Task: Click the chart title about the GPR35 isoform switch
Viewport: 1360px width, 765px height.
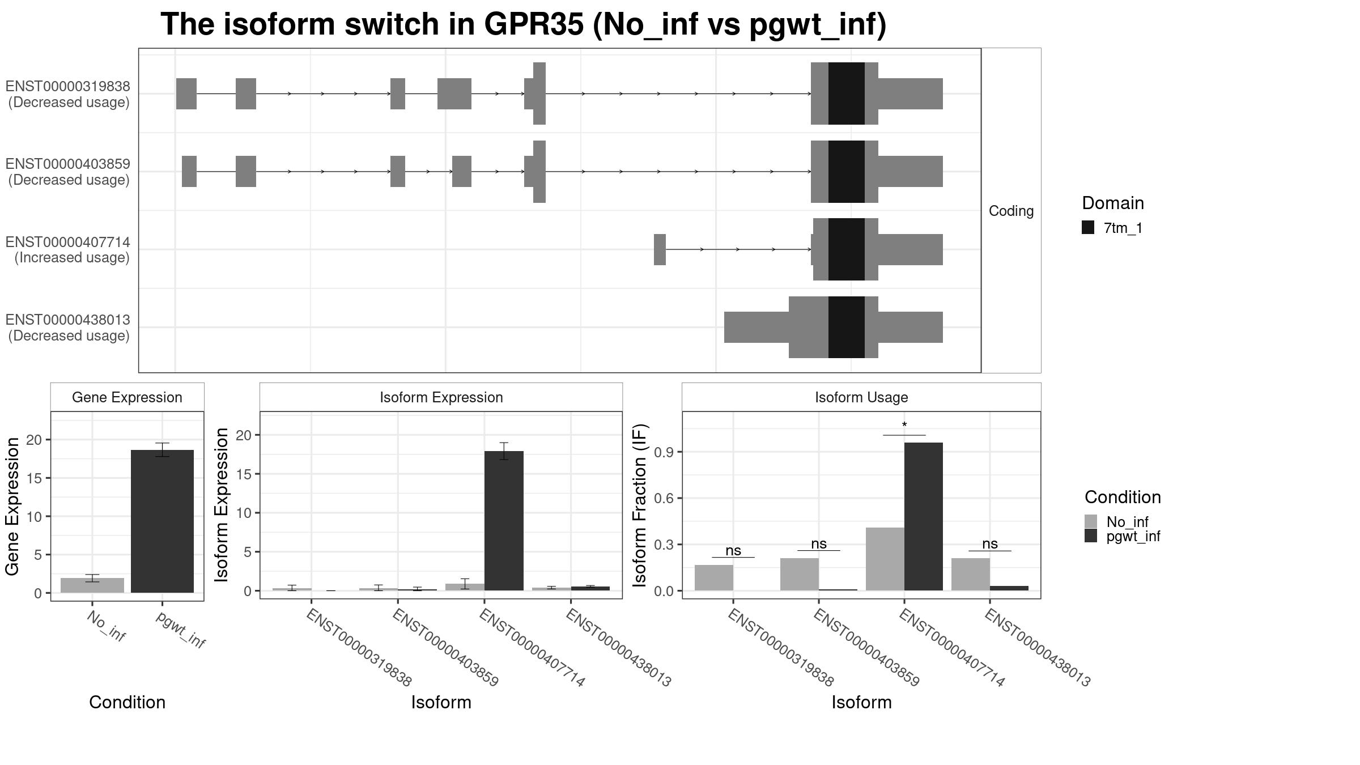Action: point(524,25)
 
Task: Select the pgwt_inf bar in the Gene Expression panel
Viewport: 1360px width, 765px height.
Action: point(162,521)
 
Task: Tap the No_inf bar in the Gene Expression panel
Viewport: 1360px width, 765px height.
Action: point(92,585)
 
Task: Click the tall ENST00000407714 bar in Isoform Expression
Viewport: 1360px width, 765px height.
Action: point(504,521)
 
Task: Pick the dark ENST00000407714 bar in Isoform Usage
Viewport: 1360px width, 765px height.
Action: point(923,516)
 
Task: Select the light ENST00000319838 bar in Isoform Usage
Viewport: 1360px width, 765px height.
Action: point(714,577)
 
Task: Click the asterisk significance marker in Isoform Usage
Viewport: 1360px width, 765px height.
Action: point(904,426)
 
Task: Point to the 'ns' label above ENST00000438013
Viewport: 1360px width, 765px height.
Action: point(989,544)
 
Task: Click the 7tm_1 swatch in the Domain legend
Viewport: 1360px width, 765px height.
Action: point(1088,228)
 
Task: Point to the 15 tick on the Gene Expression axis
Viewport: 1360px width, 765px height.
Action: point(38,478)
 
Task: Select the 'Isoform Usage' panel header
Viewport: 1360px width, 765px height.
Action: point(861,397)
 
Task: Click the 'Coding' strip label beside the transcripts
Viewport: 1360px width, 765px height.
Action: point(1011,211)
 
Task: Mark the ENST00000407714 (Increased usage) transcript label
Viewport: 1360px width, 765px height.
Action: point(68,250)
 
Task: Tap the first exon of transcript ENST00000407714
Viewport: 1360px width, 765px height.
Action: point(660,249)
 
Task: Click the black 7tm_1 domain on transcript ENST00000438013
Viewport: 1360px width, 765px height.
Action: point(847,327)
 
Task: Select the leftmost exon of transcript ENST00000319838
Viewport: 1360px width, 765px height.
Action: point(186,93)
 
